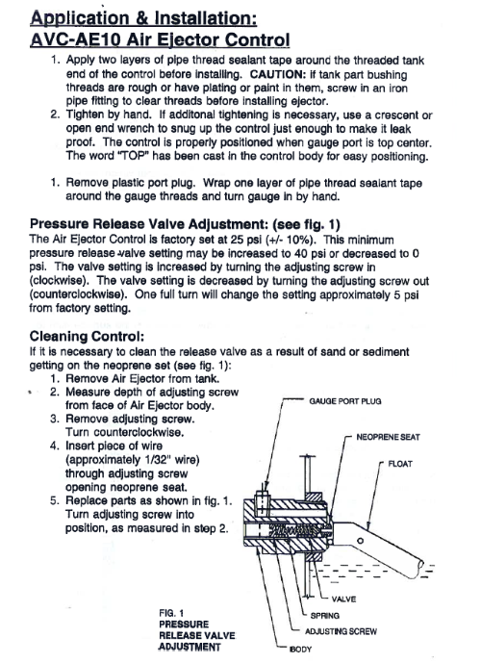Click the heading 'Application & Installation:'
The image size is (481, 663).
coord(143,17)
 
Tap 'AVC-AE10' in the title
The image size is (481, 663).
coord(76,39)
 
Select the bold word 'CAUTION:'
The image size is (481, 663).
coord(278,74)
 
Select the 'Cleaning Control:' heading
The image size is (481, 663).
coord(87,337)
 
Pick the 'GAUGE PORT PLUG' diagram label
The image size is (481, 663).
coord(345,401)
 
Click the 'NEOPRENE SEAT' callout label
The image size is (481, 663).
coord(388,437)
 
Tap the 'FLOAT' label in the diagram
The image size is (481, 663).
coord(400,464)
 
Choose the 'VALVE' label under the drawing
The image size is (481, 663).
coord(343,599)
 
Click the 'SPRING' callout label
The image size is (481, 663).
coord(324,616)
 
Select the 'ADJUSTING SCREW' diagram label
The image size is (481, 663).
coord(341,631)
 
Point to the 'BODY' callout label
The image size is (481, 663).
coord(300,649)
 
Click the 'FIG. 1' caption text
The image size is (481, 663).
coord(171,613)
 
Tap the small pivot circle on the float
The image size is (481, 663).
coord(360,541)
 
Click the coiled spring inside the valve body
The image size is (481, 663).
coord(296,530)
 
